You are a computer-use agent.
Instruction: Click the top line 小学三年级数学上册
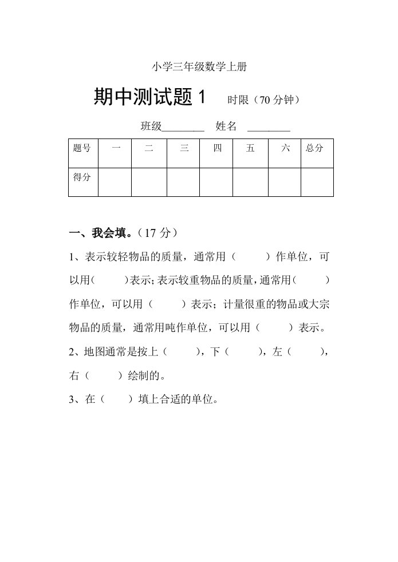click(x=199, y=67)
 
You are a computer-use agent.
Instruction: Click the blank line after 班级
click(x=183, y=127)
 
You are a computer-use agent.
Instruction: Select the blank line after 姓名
click(x=269, y=127)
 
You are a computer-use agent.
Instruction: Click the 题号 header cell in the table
click(x=82, y=148)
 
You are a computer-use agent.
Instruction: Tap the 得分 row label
click(x=82, y=177)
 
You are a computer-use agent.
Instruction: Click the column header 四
click(x=216, y=148)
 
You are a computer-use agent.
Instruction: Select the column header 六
click(x=285, y=148)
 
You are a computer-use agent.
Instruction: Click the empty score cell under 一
click(x=115, y=182)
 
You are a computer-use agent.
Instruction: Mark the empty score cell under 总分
click(x=317, y=182)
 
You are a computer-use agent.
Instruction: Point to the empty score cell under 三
click(x=183, y=182)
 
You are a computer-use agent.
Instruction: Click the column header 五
click(x=250, y=148)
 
